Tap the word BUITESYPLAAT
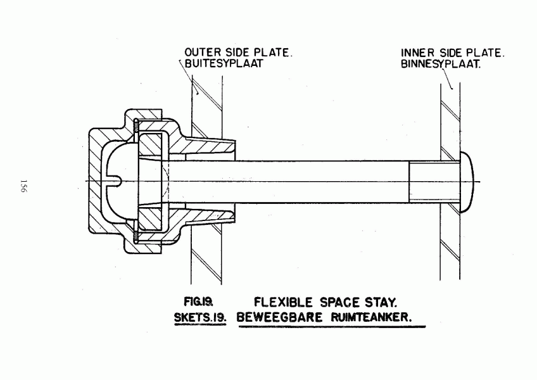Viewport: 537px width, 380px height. point(224,63)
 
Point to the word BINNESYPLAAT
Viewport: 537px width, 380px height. point(441,64)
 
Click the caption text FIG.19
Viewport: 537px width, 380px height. point(199,301)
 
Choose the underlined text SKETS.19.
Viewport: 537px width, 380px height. point(200,318)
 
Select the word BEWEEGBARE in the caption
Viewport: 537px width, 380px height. point(279,317)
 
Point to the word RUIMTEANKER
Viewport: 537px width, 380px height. point(371,317)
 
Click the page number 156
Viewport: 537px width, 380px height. point(23,186)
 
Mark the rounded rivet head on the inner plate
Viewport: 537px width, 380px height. point(467,182)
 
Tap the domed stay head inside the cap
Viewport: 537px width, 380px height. point(122,181)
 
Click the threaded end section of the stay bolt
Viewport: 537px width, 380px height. point(434,182)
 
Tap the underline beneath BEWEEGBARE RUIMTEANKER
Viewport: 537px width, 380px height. point(332,327)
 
